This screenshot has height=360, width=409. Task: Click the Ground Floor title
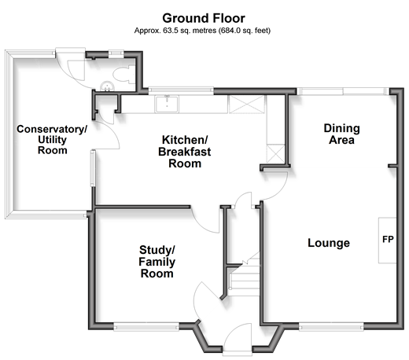204,18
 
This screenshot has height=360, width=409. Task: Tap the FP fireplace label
388,239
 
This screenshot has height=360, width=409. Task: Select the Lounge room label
329,243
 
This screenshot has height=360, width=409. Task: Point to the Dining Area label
341,134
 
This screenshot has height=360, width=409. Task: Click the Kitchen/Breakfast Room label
185,152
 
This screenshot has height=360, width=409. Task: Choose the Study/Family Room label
157,262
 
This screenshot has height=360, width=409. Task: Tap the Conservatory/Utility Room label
52,140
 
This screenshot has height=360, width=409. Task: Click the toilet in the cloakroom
123,74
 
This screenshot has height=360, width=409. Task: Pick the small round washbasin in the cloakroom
107,86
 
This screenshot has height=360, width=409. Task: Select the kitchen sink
167,105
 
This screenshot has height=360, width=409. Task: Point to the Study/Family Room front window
146,327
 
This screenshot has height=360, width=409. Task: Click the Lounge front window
331,327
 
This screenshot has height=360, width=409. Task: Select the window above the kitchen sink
181,90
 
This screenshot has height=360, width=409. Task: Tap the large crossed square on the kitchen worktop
246,105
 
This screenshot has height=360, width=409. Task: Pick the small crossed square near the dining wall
275,154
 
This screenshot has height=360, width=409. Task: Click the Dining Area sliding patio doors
343,91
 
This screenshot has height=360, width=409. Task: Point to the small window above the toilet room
116,53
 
